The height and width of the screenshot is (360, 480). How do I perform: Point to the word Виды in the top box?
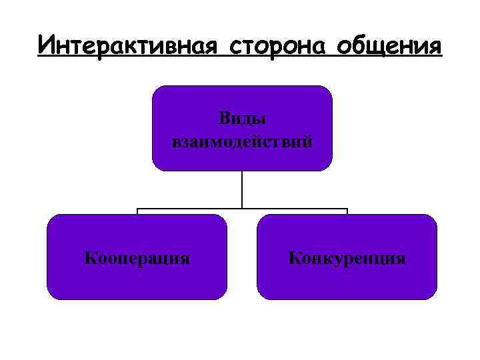pos(242,118)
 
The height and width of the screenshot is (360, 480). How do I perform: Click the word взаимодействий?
pos(242,141)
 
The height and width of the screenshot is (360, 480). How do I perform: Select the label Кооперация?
pos(137,257)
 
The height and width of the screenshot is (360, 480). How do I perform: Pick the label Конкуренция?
pos(347,257)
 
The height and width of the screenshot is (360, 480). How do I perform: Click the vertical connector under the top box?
pos(242,190)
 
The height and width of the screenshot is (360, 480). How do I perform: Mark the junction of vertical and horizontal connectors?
pos(242,209)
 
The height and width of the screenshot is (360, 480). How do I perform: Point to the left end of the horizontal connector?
pos(138,210)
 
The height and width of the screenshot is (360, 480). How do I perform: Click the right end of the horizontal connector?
pos(347,210)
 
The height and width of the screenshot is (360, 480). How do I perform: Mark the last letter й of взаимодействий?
pos(307,141)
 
